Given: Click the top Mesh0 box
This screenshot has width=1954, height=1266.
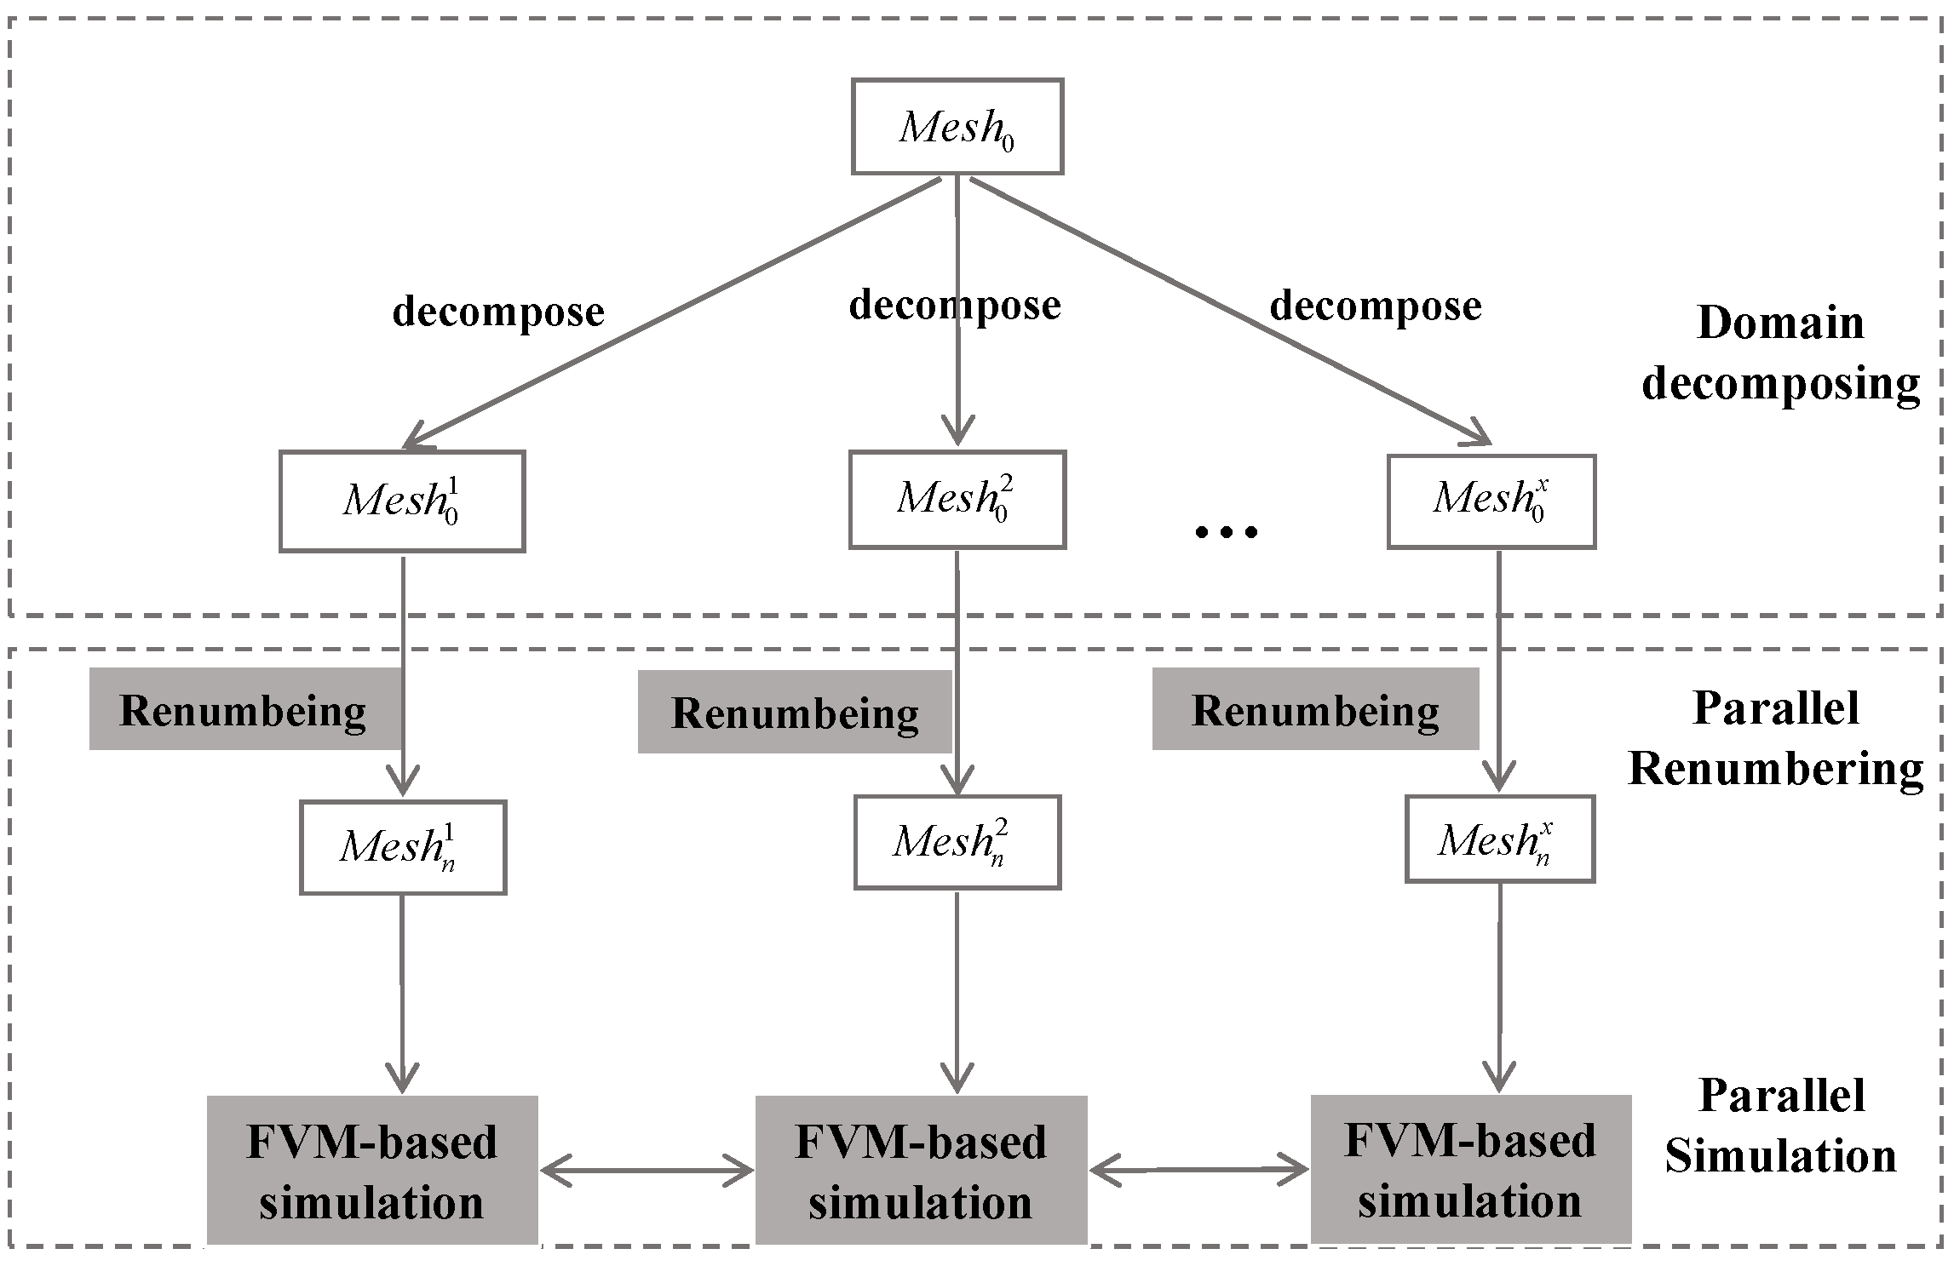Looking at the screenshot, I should tap(957, 127).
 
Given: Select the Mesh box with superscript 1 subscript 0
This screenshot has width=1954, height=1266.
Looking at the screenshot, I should tap(402, 501).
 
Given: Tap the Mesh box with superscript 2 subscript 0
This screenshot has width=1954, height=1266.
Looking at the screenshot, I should tap(957, 499).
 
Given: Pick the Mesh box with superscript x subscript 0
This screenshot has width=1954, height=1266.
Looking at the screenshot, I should tap(1491, 501).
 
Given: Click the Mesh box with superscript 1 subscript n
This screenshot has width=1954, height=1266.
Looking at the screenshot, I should tap(403, 847).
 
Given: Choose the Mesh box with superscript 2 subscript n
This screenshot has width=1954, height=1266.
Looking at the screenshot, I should tap(957, 842).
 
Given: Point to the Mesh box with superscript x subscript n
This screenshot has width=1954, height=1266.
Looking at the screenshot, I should tap(1499, 839).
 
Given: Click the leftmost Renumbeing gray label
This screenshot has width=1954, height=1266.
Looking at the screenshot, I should tap(244, 710).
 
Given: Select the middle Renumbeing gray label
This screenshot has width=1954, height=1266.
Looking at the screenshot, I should tap(794, 713).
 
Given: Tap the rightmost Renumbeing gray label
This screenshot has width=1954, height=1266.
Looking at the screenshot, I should tap(1314, 709).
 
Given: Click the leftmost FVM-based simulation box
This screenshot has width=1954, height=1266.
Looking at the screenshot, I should tap(372, 1171).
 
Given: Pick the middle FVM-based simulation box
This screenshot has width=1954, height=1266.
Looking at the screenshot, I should tap(921, 1171).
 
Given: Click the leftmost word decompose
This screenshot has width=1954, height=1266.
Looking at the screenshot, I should tap(498, 312).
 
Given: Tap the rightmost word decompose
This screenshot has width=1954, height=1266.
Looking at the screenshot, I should tap(1376, 306).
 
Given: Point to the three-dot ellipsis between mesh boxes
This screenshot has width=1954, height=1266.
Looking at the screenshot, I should tap(1226, 532).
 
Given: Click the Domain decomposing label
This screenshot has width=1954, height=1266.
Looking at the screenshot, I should tap(1780, 352).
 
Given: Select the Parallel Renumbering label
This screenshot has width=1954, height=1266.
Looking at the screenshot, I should tap(1776, 738).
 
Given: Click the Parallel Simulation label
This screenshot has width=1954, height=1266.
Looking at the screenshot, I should tap(1781, 1126).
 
